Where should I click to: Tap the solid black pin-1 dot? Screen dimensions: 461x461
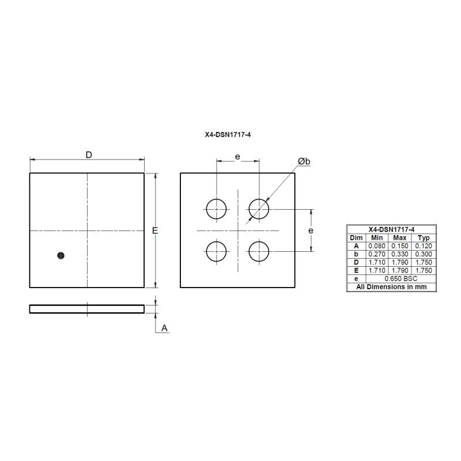pyautogui.click(x=61, y=255)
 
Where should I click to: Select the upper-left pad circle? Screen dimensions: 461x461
pyautogui.click(x=217, y=208)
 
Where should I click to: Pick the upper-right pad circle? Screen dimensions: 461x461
pyautogui.click(x=259, y=208)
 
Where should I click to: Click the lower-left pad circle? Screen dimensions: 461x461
pyautogui.click(x=217, y=251)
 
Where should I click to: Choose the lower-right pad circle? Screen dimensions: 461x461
pyautogui.click(x=259, y=251)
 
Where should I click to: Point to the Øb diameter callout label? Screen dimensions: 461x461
pyautogui.click(x=304, y=162)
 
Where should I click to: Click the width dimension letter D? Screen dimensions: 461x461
pyautogui.click(x=89, y=155)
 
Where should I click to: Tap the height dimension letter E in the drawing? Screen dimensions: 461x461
pyautogui.click(x=155, y=231)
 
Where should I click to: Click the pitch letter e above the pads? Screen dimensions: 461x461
pyautogui.click(x=237, y=156)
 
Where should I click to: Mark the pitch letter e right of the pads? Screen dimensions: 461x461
pyautogui.click(x=311, y=231)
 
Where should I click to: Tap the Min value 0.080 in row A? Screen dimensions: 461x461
pyautogui.click(x=376, y=246)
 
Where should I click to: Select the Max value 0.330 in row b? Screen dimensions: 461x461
pyautogui.click(x=399, y=254)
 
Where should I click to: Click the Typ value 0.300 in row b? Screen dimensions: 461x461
pyautogui.click(x=424, y=254)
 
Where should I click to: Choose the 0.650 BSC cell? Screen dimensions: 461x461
pyautogui.click(x=399, y=278)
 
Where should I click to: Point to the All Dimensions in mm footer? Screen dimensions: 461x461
pyautogui.click(x=391, y=286)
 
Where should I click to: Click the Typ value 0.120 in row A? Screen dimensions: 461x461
pyautogui.click(x=424, y=246)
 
